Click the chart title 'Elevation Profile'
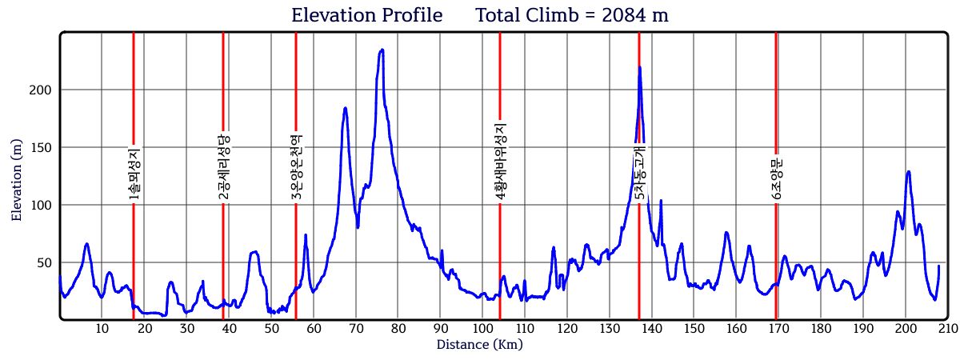[x=366, y=15]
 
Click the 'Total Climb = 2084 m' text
[x=572, y=15]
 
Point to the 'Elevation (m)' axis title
[x=17, y=176]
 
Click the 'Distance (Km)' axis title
[x=480, y=345]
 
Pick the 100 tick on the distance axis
[x=482, y=329]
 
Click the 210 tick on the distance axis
[x=947, y=329]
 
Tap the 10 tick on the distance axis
[x=102, y=329]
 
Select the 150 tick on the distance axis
[x=694, y=329]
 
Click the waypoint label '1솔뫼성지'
[x=134, y=174]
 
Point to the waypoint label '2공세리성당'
[x=224, y=165]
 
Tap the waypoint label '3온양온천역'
[x=296, y=166]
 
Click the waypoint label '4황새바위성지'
[x=501, y=161]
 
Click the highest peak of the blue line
[x=382, y=50]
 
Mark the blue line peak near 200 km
[x=908, y=171]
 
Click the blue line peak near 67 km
[x=345, y=108]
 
